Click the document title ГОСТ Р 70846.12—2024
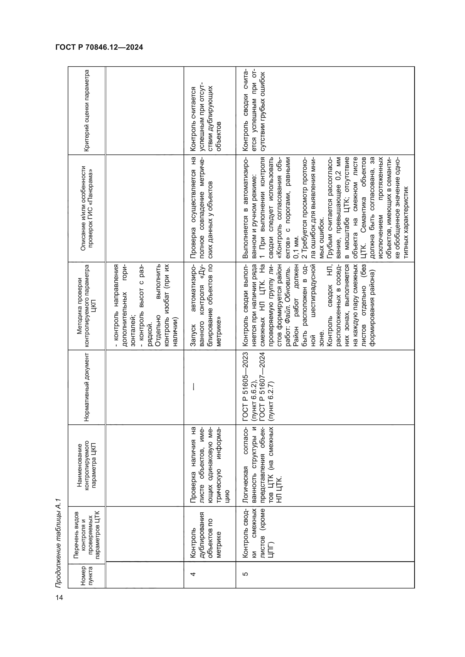click(99, 47)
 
